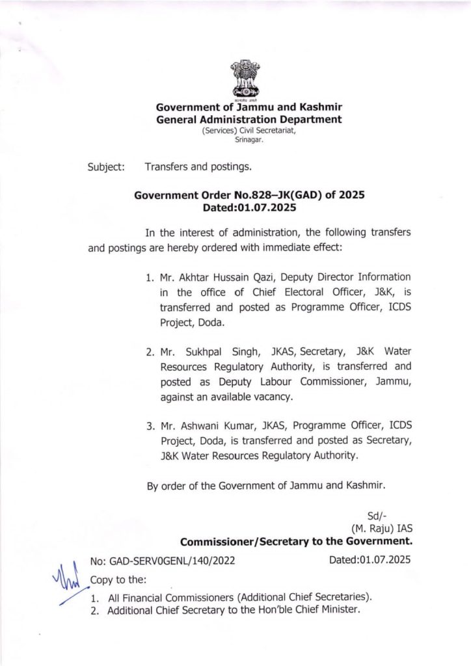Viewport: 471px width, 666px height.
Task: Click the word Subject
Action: [107, 166]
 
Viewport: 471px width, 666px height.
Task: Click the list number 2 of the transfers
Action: [150, 352]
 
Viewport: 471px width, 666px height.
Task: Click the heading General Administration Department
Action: [249, 120]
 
